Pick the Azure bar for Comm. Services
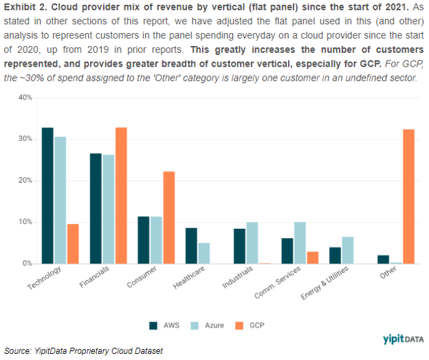pyautogui.click(x=300, y=243)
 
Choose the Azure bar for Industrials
pyautogui.click(x=252, y=243)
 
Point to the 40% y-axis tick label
pyautogui.click(x=25, y=98)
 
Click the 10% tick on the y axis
pyautogui.click(x=25, y=222)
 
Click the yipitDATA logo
pyautogui.click(x=403, y=339)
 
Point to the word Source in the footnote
pyautogui.click(x=19, y=351)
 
